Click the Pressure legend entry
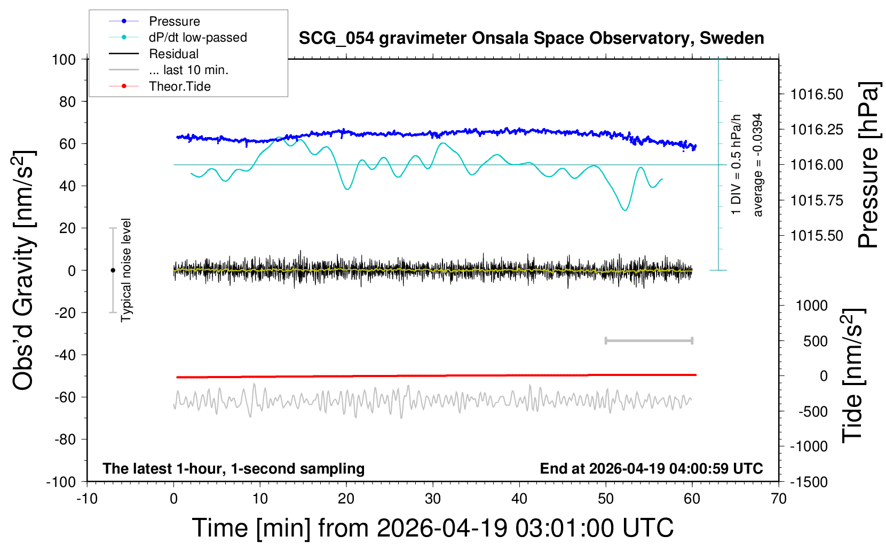coord(174,21)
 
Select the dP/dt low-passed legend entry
coord(197,37)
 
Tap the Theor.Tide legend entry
coord(179,86)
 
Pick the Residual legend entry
coord(173,54)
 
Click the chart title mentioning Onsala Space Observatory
coord(531,38)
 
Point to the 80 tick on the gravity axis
coord(67,101)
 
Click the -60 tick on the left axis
coord(65,397)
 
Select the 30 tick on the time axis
coord(433,499)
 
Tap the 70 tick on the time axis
coord(779,499)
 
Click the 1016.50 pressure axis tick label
coord(817,94)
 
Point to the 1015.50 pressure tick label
coord(817,236)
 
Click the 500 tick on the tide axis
coord(816,341)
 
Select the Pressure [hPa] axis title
coord(868,165)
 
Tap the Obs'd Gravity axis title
coord(23,270)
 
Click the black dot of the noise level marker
coord(113,270)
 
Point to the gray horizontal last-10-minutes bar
coord(649,340)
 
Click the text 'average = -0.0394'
coord(758,165)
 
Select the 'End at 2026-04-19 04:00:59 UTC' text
coord(651,469)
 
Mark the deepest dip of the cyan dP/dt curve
coord(625,210)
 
